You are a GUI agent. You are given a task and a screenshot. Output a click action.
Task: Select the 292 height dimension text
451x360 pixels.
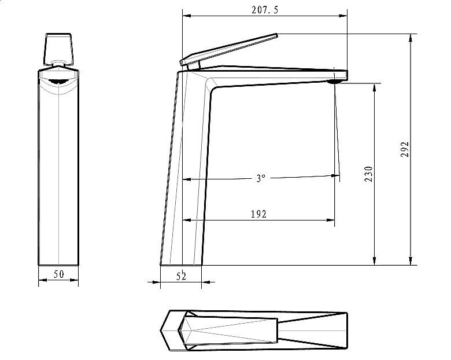pyautogui.click(x=405, y=149)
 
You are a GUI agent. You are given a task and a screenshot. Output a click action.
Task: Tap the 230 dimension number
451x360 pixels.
pyautogui.click(x=369, y=174)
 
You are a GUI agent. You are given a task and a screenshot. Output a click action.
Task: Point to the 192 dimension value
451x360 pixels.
pyautogui.click(x=259, y=214)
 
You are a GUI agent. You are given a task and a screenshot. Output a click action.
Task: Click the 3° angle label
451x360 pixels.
pyautogui.click(x=261, y=179)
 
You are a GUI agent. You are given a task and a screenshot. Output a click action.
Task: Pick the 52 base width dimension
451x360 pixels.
pyautogui.click(x=181, y=277)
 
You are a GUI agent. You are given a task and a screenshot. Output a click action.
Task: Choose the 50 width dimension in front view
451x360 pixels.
pyautogui.click(x=58, y=274)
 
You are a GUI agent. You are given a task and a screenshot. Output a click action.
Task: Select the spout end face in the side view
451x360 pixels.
pyautogui.click(x=348, y=75)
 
